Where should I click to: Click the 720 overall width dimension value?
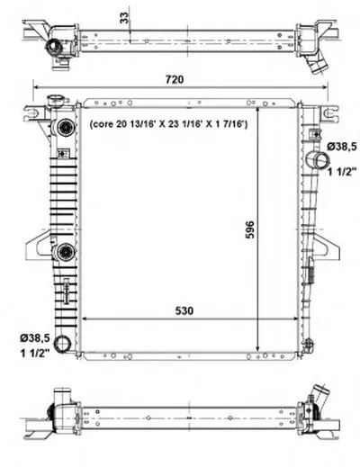coord(175,79)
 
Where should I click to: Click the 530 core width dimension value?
coord(184,311)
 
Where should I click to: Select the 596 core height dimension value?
coord(250,229)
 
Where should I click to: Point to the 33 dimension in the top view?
coord(124,18)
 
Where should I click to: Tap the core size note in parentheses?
coord(168,124)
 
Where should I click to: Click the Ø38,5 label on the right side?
coord(342,147)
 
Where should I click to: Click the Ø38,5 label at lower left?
coord(35,338)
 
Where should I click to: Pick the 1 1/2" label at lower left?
coord(35,353)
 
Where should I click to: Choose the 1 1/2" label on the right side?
coord(342,172)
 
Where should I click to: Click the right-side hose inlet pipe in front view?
coord(318,160)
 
